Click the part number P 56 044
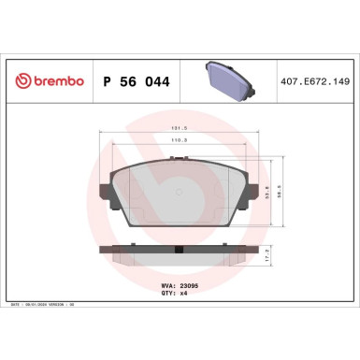[132, 81]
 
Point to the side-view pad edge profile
[179, 253]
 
